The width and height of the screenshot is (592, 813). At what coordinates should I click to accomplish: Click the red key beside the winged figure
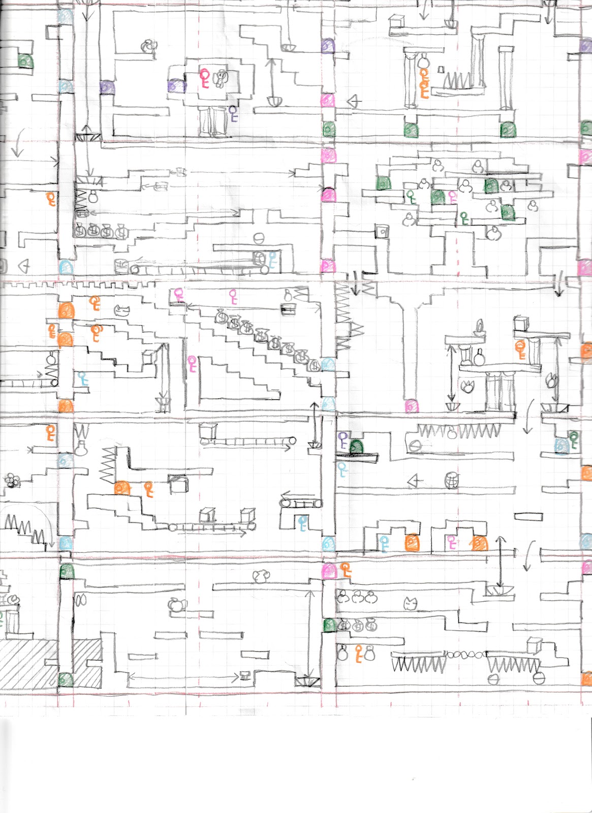click(205, 78)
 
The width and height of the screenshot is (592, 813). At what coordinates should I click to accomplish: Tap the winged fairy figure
click(221, 78)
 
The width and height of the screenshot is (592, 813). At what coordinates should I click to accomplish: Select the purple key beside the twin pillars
click(233, 113)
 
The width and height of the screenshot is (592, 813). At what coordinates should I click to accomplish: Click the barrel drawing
click(451, 480)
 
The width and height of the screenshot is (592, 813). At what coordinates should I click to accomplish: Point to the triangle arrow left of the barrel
click(415, 480)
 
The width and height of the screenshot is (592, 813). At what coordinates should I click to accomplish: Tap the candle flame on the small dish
click(479, 325)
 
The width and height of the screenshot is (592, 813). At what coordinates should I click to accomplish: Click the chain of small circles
click(466, 655)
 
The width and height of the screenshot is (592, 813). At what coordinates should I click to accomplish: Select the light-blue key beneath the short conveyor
click(303, 522)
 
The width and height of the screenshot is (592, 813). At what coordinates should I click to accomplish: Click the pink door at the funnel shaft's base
click(411, 406)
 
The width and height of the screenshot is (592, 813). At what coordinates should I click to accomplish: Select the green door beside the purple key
click(357, 447)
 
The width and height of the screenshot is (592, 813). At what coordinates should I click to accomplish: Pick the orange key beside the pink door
click(346, 570)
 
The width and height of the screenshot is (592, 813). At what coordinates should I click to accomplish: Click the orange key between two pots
click(359, 653)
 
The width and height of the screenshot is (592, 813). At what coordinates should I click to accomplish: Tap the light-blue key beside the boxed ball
click(272, 259)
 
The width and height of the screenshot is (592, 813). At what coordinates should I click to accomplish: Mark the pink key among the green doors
click(452, 196)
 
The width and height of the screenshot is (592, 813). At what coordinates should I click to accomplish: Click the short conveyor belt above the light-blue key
click(301, 503)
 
